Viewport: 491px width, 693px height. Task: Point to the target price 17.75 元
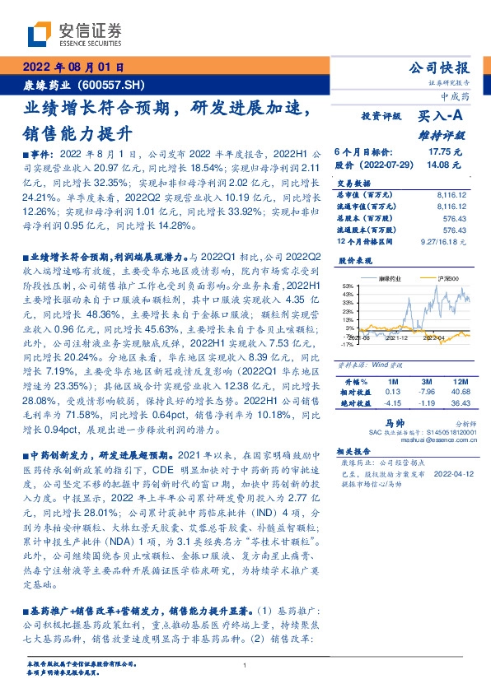(445, 152)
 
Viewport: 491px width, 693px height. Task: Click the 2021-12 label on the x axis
(398, 337)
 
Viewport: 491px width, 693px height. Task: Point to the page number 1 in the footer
(245, 665)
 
